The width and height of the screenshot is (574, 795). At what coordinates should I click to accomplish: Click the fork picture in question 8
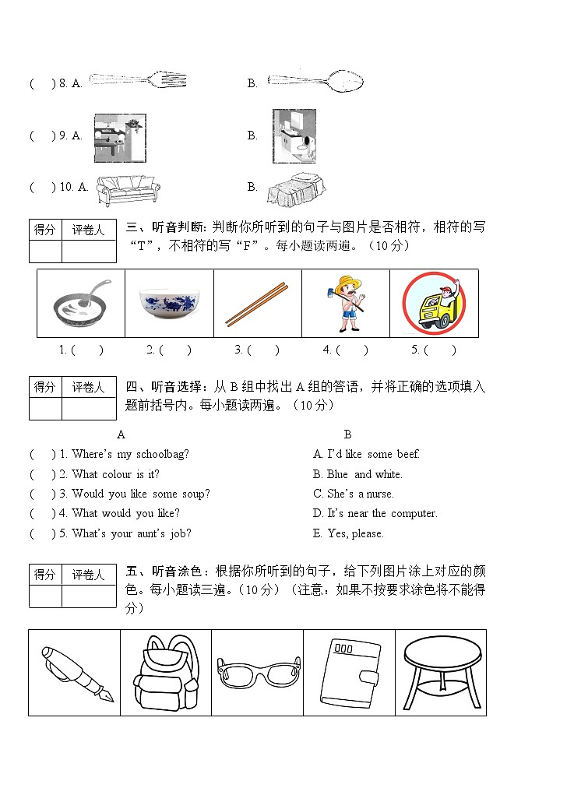pyautogui.click(x=138, y=80)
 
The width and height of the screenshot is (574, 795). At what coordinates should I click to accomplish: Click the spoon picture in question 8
pyautogui.click(x=315, y=80)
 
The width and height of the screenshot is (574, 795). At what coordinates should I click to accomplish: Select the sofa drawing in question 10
pyautogui.click(x=128, y=188)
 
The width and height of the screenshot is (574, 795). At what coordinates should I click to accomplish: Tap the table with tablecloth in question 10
pyautogui.click(x=296, y=188)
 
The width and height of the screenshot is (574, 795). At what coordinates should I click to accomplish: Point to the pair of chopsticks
pyautogui.click(x=257, y=304)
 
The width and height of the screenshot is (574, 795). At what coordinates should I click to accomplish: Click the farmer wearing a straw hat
pyautogui.click(x=345, y=303)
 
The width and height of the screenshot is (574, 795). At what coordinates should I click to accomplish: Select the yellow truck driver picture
pyautogui.click(x=433, y=303)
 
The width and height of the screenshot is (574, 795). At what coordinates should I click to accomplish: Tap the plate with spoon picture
pyautogui.click(x=81, y=303)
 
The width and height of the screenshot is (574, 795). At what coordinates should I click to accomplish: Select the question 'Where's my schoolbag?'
pyautogui.click(x=130, y=454)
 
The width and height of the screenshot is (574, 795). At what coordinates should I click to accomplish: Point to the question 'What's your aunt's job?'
pyautogui.click(x=131, y=533)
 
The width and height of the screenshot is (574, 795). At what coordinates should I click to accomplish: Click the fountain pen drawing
pyautogui.click(x=75, y=673)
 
